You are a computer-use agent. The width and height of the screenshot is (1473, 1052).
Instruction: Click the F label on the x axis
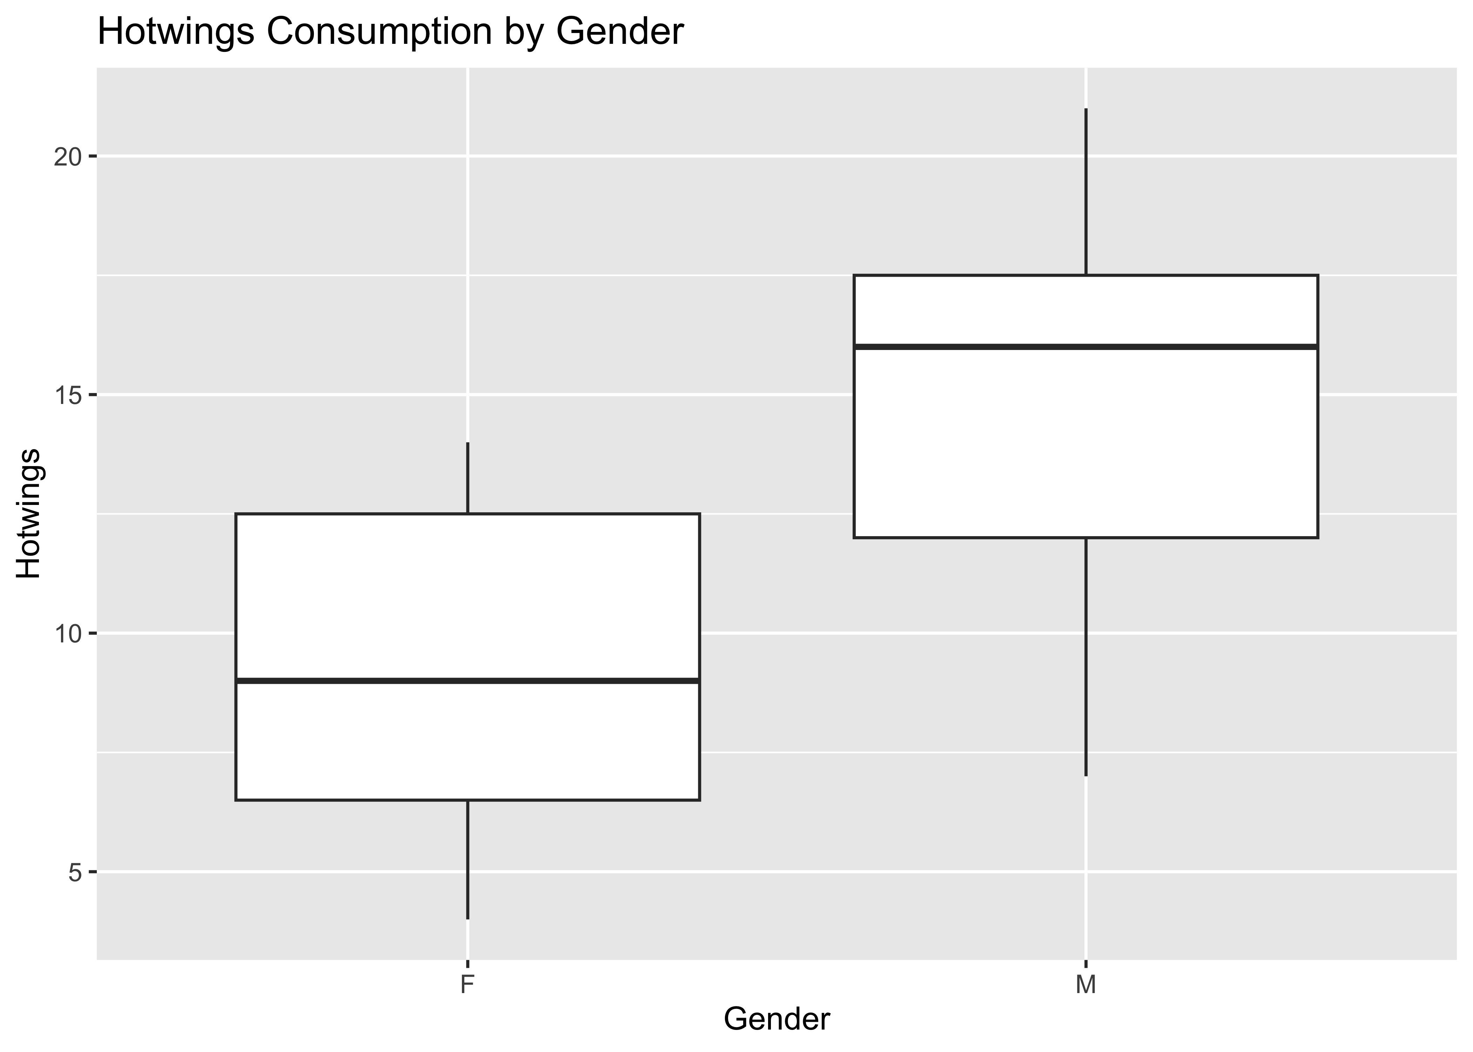click(x=466, y=985)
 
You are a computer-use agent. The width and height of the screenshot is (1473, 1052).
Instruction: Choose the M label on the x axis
click(x=1086, y=985)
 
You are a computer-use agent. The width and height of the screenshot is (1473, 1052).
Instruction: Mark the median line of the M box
click(x=1086, y=347)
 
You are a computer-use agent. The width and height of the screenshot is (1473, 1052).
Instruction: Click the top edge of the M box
click(x=1086, y=276)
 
